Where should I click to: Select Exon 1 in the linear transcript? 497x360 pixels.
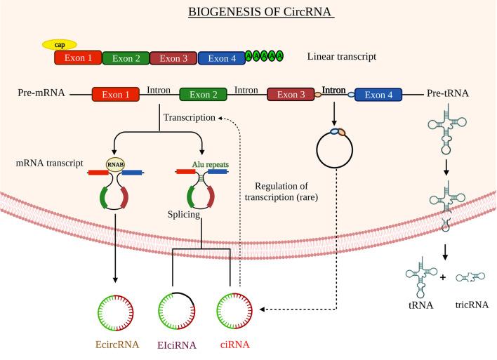(x=78, y=58)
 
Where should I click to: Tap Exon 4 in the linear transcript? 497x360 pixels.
(x=221, y=58)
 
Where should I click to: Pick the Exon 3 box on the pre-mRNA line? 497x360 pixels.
(x=291, y=94)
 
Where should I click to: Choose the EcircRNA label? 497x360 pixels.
(x=117, y=345)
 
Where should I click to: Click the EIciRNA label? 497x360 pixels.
(x=177, y=345)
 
